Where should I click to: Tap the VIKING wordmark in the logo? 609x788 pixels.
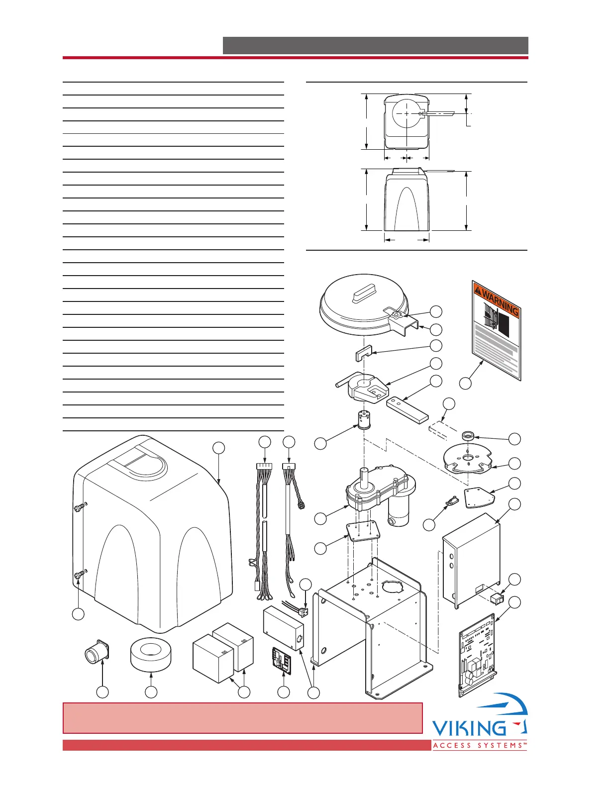(469, 729)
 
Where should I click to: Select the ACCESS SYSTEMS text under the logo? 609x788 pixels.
(480, 745)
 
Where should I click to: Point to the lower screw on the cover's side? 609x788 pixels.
(79, 576)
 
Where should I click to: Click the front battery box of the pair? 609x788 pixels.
(213, 660)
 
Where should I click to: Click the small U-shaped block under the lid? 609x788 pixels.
(364, 356)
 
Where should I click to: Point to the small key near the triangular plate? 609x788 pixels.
(452, 501)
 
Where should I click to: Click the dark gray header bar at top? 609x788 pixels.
(375, 45)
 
